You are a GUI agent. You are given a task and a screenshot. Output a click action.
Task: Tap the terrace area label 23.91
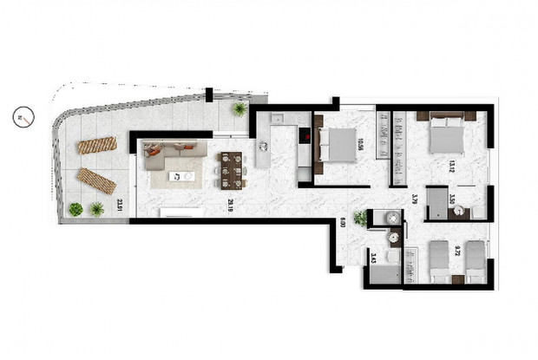tap(119, 207)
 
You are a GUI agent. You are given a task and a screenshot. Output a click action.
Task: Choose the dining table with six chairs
tap(231, 168)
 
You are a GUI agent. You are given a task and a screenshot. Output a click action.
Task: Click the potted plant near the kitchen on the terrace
tap(238, 108)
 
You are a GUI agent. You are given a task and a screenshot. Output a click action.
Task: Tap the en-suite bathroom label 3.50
tap(453, 196)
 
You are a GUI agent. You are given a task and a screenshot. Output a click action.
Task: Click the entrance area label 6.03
tap(342, 222)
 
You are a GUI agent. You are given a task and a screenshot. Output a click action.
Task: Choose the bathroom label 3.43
tap(372, 256)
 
